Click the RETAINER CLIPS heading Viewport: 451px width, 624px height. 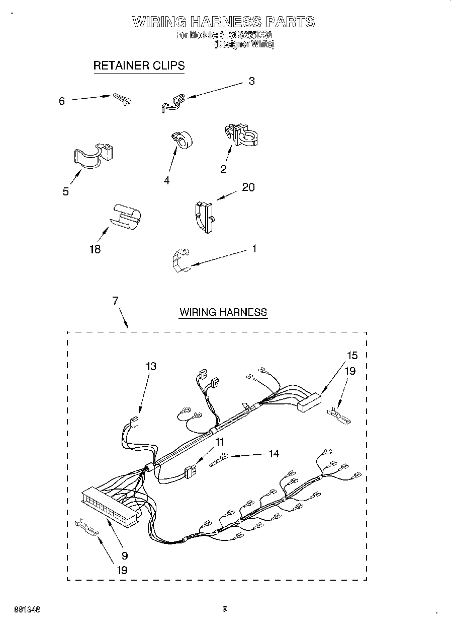point(139,65)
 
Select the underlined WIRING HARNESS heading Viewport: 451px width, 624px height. point(223,312)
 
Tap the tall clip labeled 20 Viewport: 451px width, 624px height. point(204,217)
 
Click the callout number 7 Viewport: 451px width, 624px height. point(115,301)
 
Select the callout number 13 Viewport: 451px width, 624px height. point(150,366)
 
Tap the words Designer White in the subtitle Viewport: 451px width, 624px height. point(244,44)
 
